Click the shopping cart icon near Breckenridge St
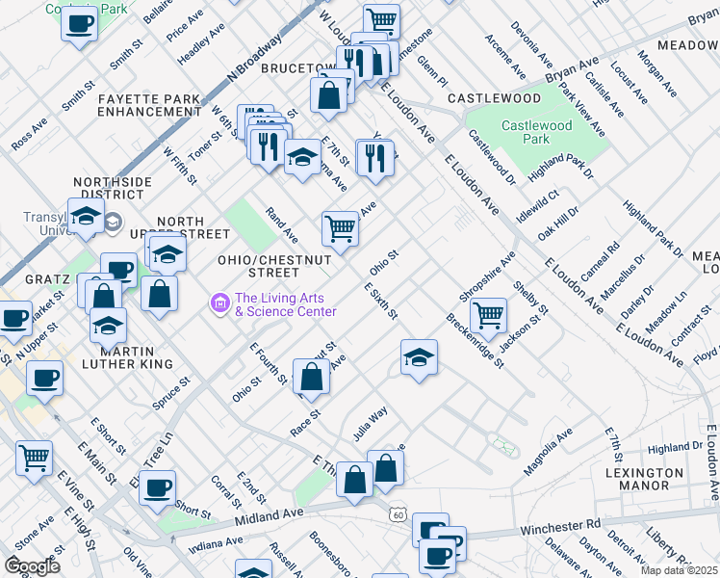click(x=489, y=315)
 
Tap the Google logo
click(x=33, y=566)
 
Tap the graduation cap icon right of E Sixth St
click(x=419, y=358)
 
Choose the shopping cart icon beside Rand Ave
click(x=340, y=228)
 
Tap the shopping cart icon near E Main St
click(x=35, y=460)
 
